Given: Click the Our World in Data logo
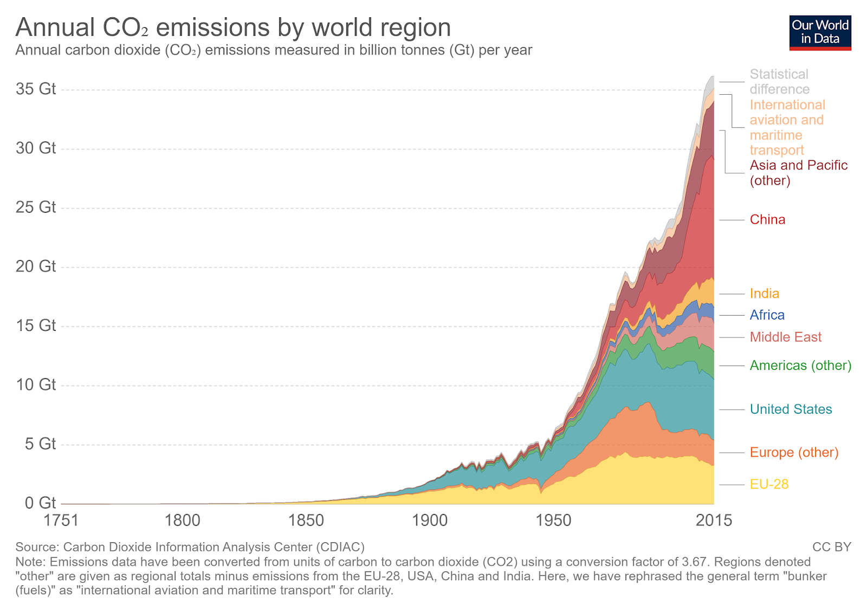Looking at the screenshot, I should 820,32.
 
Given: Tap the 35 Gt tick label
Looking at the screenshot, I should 36,89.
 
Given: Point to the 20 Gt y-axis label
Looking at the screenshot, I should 36,266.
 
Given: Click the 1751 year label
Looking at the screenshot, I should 61,520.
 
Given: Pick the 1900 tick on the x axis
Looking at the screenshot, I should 430,520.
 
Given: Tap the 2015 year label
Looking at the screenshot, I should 714,520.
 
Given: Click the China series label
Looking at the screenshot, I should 767,219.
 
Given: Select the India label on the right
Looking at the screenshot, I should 764,294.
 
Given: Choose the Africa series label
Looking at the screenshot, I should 767,315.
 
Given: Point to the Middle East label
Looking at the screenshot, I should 785,337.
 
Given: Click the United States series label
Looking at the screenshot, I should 791,409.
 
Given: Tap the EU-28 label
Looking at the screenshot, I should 769,484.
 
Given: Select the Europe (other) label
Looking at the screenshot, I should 794,452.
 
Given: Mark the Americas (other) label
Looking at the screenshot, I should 800,366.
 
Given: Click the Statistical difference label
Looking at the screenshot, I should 779,82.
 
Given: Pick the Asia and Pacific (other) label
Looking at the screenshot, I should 798,173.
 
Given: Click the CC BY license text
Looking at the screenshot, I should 831,547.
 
